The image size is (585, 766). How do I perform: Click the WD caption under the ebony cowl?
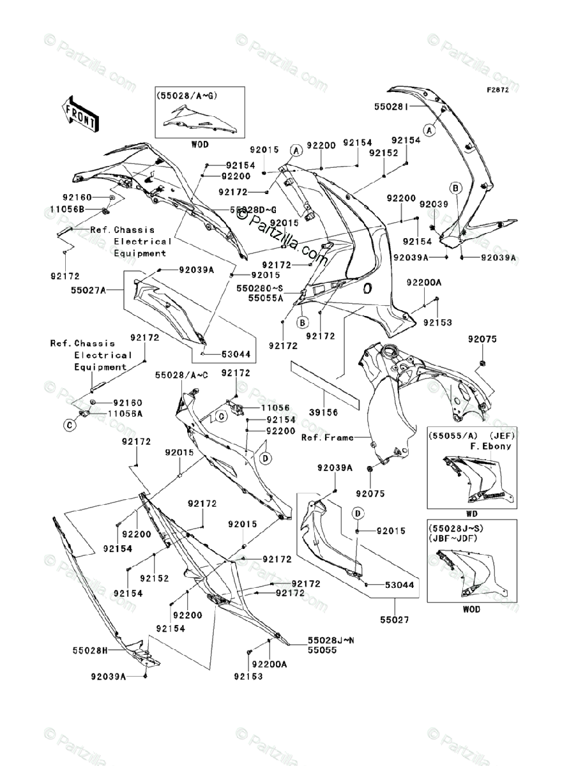pos(473,513)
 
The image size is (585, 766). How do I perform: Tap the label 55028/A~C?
pos(181,377)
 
